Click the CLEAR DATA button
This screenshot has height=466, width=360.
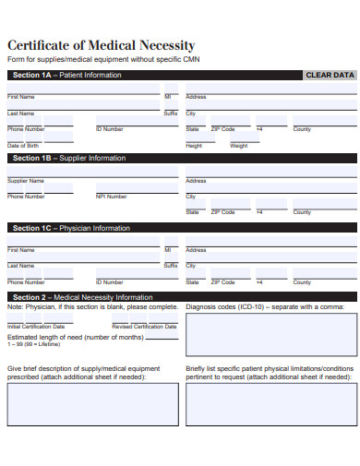point(330,75)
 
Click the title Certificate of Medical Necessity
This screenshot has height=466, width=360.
point(102,45)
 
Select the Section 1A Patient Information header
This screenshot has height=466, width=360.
point(66,75)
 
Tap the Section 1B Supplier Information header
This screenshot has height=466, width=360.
point(68,159)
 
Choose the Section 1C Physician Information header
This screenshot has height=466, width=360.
point(71,228)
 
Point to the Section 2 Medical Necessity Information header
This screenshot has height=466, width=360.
point(82,297)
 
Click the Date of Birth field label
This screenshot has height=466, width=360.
point(23,146)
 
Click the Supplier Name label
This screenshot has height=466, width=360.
point(25,181)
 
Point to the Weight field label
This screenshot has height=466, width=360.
point(238,146)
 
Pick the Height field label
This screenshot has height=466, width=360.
point(194,146)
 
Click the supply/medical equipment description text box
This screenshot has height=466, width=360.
point(92,404)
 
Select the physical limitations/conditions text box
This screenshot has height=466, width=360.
point(270,404)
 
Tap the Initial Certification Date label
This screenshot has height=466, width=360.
point(36,327)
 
